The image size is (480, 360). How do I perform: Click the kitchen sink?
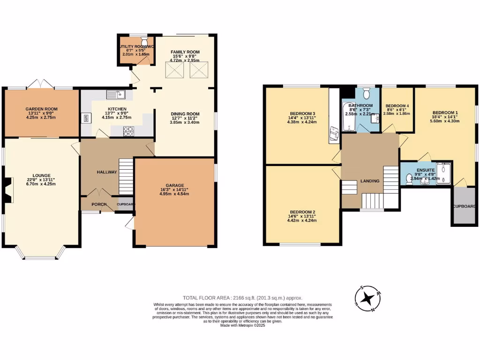pos(115,95)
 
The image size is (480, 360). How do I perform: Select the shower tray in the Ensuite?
pos(442,173)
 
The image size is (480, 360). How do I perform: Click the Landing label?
pos(369,181)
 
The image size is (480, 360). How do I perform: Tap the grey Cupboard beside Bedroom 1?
pos(464,206)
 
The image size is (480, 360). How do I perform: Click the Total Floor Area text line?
pos(242,298)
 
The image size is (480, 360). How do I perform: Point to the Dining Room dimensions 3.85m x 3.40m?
pos(185,122)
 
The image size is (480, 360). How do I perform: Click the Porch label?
pos(98,204)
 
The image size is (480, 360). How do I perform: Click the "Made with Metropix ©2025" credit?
pos(242,325)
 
